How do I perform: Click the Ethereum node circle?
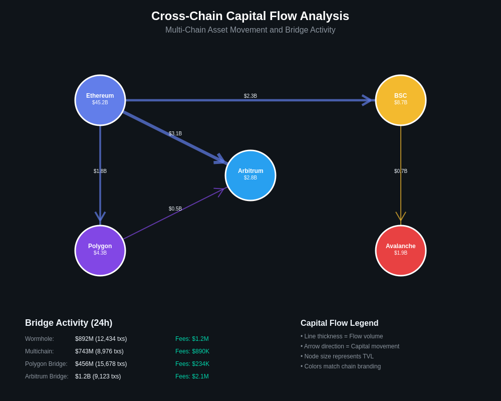(100, 100)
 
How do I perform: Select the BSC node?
(401, 100)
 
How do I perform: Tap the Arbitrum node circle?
(250, 175)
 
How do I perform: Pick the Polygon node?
(100, 251)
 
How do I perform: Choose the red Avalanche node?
(401, 251)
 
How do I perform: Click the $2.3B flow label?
(250, 96)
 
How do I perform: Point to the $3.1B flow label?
(175, 133)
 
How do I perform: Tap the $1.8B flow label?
(100, 171)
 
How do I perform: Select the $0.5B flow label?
(175, 209)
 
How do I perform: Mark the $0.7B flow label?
(401, 171)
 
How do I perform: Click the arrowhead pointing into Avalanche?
(401, 217)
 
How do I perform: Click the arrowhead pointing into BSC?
(368, 100)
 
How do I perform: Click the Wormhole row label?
(40, 339)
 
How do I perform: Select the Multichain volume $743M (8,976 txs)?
(99, 351)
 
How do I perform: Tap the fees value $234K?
(192, 364)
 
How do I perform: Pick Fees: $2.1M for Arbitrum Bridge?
(192, 376)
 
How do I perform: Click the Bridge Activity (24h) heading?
(69, 323)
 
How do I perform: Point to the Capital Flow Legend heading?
(339, 323)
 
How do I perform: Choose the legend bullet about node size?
(337, 356)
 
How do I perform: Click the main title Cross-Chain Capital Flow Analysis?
(250, 16)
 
